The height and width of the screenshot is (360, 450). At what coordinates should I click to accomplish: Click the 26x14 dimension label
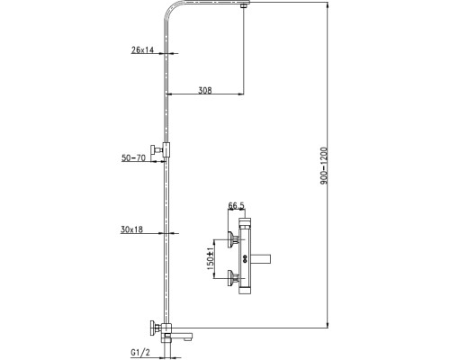pyautogui.click(x=142, y=49)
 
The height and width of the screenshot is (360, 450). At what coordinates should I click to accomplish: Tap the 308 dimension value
pyautogui.click(x=205, y=90)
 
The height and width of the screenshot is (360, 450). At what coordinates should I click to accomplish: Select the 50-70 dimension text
pyautogui.click(x=133, y=157)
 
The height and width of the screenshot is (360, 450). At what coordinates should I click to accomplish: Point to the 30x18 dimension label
pyautogui.click(x=131, y=229)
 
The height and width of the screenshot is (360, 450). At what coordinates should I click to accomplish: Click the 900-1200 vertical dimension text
pyautogui.click(x=324, y=166)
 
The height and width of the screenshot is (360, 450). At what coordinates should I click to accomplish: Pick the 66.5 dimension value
pyautogui.click(x=237, y=206)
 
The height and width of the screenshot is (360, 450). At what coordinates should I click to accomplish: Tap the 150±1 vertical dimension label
pyautogui.click(x=211, y=258)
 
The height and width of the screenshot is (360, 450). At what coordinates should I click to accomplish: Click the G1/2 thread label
pyautogui.click(x=140, y=352)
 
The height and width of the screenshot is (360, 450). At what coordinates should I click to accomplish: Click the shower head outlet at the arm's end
pyautogui.click(x=246, y=4)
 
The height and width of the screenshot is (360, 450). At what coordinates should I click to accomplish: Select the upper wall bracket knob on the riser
pyautogui.click(x=156, y=149)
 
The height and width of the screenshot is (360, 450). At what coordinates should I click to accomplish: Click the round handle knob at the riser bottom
pyautogui.click(x=154, y=328)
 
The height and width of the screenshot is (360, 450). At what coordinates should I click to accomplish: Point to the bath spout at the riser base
pyautogui.click(x=182, y=334)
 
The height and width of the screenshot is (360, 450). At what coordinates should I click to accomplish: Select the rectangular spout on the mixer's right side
pyautogui.click(x=260, y=258)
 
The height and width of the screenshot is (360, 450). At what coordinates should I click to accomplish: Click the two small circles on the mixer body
pyautogui.click(x=245, y=258)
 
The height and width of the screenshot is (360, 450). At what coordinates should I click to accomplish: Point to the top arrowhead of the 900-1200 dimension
pyautogui.click(x=328, y=5)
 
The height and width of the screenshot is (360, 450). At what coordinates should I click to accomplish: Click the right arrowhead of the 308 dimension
pyautogui.click(x=240, y=94)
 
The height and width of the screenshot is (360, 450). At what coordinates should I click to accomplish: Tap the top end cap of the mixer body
pyautogui.click(x=246, y=222)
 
